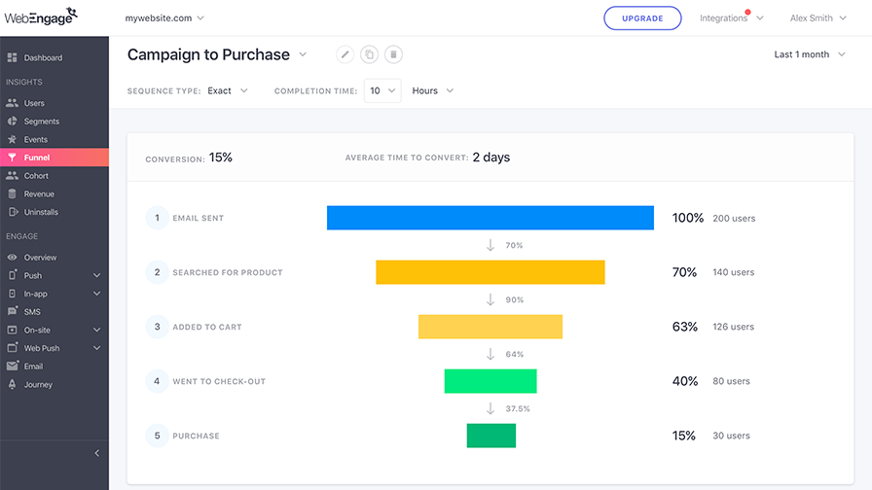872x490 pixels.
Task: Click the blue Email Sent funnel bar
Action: tap(490, 218)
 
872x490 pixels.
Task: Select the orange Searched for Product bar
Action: tap(490, 272)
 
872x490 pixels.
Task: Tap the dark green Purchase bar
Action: tap(491, 436)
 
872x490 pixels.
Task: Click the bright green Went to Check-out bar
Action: tap(490, 381)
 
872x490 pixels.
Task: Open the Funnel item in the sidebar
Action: tap(54, 157)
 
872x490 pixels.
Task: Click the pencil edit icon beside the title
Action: tap(345, 54)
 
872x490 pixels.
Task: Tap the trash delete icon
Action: tap(393, 54)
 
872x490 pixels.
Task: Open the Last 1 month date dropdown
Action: tap(810, 54)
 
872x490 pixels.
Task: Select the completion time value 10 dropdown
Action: tap(382, 90)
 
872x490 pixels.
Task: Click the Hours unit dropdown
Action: tap(433, 90)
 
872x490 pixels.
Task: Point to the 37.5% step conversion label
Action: tap(517, 409)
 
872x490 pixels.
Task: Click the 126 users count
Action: tap(734, 327)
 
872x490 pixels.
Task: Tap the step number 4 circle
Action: tap(157, 381)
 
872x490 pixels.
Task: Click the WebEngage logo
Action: tap(41, 17)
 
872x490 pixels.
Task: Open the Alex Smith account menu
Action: tap(818, 18)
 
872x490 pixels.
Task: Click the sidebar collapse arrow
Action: tap(96, 453)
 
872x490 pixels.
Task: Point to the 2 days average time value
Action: tap(491, 157)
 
